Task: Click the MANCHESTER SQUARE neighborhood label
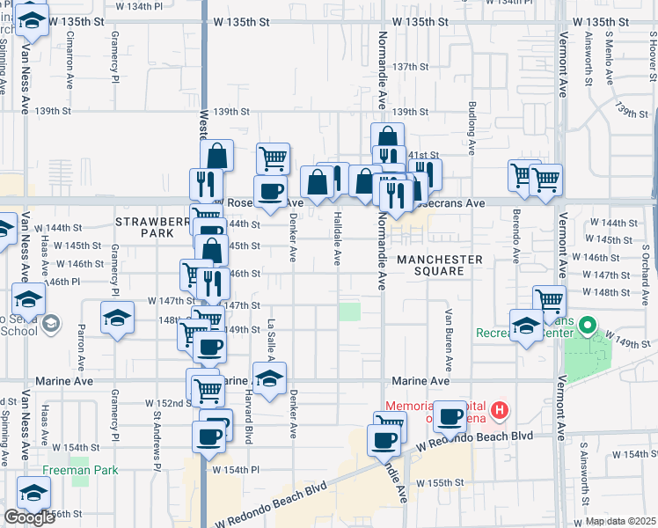(439, 265)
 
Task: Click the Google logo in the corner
(29, 517)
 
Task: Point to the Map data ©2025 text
(621, 521)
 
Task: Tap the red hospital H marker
(500, 410)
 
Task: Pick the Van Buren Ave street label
(448, 339)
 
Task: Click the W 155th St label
(440, 483)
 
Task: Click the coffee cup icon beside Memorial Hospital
(450, 416)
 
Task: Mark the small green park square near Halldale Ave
(350, 312)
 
